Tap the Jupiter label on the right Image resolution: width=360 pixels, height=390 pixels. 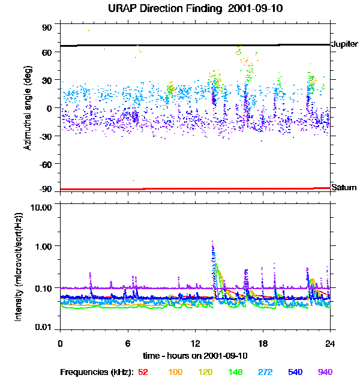(x=344, y=44)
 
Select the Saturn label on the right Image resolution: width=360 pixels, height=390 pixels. (x=344, y=188)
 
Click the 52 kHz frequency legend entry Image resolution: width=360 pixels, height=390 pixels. (x=143, y=372)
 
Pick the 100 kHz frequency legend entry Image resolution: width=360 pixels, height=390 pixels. (x=175, y=372)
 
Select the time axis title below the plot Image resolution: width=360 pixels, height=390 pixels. (x=195, y=356)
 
